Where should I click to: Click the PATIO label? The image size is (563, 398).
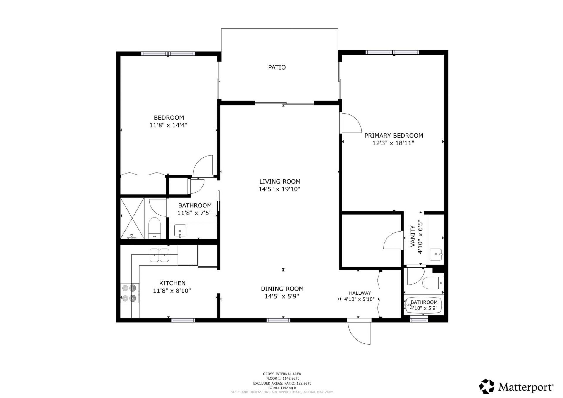point(277,67)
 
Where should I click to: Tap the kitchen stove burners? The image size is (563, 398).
point(130,293)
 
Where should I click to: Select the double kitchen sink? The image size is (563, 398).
point(159,255)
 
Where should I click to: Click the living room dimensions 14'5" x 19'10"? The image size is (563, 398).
point(279,189)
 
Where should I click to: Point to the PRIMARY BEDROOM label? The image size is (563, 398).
point(394,136)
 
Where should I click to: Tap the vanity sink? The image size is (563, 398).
point(436,254)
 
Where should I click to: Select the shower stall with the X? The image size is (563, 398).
point(132,218)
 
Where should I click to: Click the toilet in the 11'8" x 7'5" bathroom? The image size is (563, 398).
point(155,228)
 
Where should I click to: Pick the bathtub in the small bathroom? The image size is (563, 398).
point(423,306)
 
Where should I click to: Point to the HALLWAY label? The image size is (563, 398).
point(360,293)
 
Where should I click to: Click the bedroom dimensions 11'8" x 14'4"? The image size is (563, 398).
point(168,125)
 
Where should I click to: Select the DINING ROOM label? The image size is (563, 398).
point(282,289)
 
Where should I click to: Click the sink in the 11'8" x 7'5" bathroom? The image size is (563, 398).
point(180,231)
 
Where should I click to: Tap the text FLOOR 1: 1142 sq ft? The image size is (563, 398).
point(282,378)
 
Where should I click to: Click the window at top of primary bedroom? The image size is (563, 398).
point(392,52)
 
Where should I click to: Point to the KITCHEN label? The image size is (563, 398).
point(172,283)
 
